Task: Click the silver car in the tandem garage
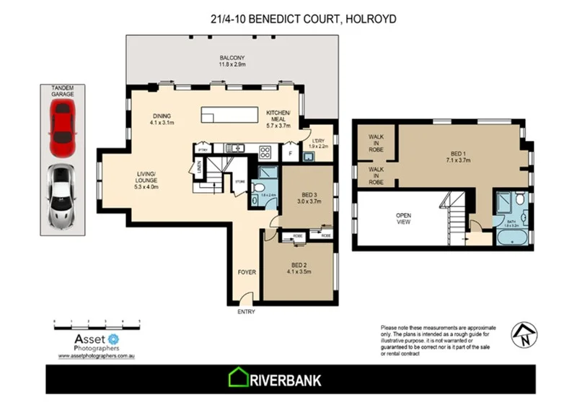[62, 195]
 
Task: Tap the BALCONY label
[233, 61]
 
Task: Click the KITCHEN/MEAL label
[278, 118]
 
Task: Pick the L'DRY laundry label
[317, 142]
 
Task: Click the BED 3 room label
[306, 196]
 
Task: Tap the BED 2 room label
[298, 268]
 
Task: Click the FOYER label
[247, 273]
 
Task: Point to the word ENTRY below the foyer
[246, 312]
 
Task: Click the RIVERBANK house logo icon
[237, 378]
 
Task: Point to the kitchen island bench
[229, 116]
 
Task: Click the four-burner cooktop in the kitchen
[264, 152]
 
